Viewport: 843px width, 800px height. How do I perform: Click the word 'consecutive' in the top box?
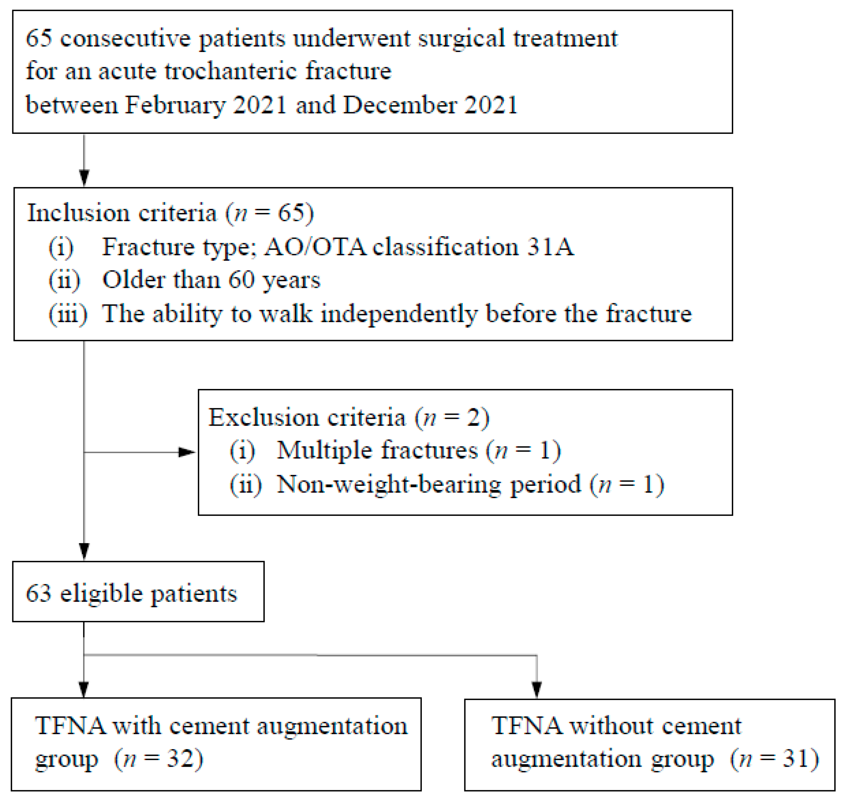click(124, 39)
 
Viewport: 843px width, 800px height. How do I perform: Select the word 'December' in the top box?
click(399, 105)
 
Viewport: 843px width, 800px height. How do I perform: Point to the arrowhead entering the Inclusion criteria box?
click(84, 177)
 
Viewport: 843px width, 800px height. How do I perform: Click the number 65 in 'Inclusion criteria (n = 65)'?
click(291, 212)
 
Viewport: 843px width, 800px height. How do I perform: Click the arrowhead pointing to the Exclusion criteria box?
click(187, 452)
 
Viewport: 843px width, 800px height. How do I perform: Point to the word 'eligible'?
click(102, 593)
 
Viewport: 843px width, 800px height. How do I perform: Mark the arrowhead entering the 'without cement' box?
click(536, 690)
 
